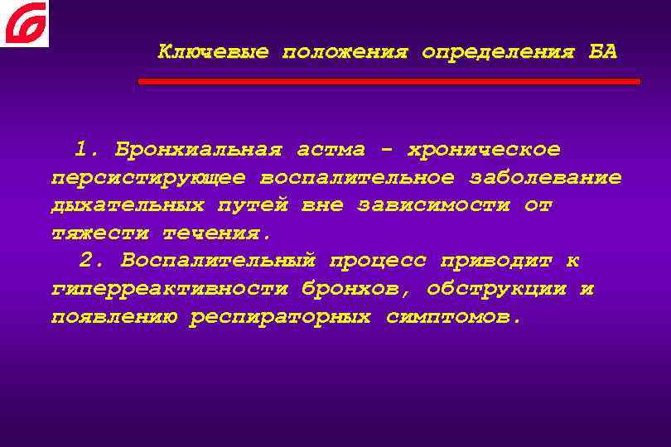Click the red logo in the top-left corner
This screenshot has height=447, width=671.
click(24, 23)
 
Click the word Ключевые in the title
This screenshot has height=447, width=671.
click(213, 52)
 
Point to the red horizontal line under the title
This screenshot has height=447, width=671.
click(389, 82)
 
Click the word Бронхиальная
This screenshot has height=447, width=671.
click(198, 150)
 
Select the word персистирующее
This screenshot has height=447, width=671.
click(148, 178)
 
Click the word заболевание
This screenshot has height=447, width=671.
click(546, 178)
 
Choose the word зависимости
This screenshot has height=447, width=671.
click(434, 205)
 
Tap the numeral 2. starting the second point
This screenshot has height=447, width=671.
click(94, 262)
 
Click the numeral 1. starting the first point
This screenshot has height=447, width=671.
click(87, 150)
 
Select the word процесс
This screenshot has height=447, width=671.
click(378, 262)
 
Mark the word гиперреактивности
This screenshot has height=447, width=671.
click(169, 290)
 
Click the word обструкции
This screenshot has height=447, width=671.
click(497, 290)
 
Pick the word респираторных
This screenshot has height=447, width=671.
click(280, 318)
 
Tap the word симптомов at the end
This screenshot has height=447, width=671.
click(454, 318)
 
